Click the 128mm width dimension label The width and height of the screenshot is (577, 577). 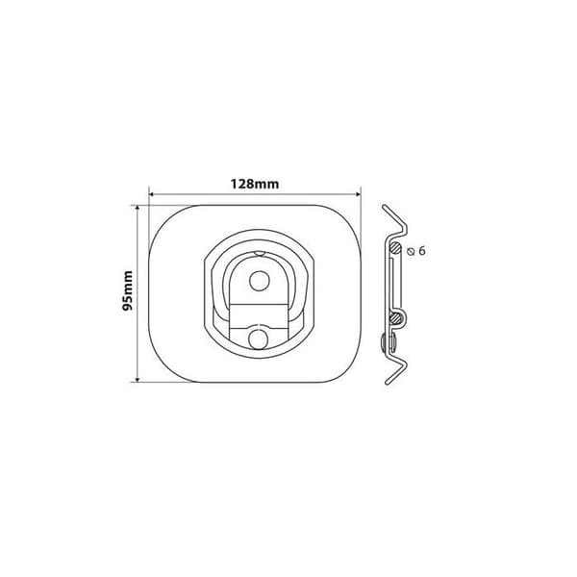[255, 184]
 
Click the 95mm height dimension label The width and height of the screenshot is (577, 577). [128, 291]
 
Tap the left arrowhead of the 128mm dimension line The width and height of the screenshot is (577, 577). [152, 194]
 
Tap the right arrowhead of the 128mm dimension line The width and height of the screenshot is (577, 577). [358, 194]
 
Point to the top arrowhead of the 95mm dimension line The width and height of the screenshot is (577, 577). [138, 209]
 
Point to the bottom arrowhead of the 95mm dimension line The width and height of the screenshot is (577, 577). [138, 380]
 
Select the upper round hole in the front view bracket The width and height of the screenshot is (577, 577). [259, 281]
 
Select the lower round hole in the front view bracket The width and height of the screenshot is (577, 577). [259, 339]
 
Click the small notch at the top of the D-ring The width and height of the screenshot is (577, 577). [259, 253]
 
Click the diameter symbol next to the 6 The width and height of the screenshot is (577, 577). [411, 252]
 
